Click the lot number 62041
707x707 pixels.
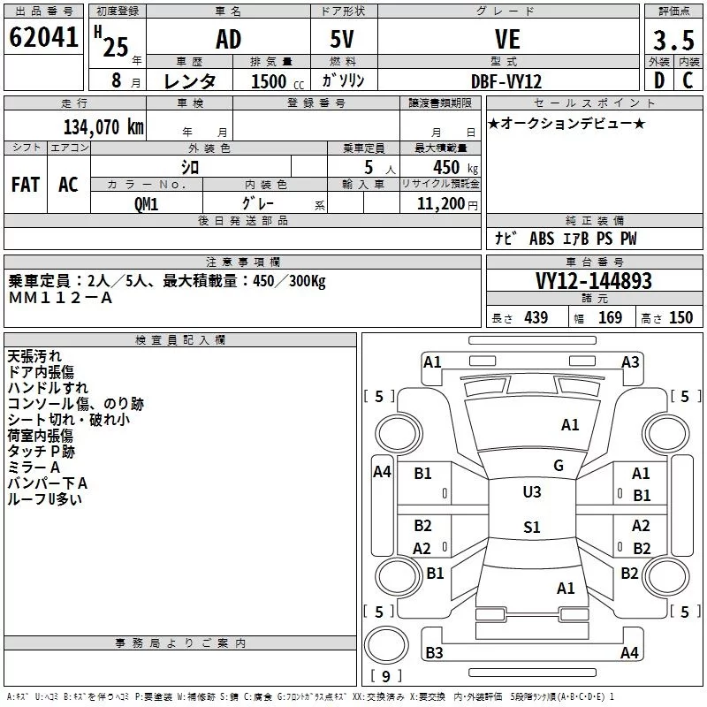click(43, 37)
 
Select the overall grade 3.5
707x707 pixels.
click(673, 40)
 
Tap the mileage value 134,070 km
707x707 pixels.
click(103, 127)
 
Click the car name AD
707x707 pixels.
click(228, 39)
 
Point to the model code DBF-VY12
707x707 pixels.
click(506, 81)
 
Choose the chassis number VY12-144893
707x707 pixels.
click(593, 280)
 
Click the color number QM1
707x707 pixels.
click(146, 204)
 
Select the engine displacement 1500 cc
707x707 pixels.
click(277, 81)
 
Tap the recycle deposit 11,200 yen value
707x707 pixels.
click(447, 204)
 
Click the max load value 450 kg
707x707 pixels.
click(455, 167)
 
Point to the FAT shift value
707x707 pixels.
click(26, 185)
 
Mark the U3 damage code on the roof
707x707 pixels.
click(532, 492)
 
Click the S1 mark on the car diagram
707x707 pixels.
click(532, 527)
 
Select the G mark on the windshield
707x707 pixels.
click(559, 466)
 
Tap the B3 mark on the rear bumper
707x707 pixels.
click(434, 652)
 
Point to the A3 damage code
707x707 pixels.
click(630, 362)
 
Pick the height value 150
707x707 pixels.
click(680, 317)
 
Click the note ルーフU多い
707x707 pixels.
click(45, 499)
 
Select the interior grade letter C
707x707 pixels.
click(688, 80)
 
